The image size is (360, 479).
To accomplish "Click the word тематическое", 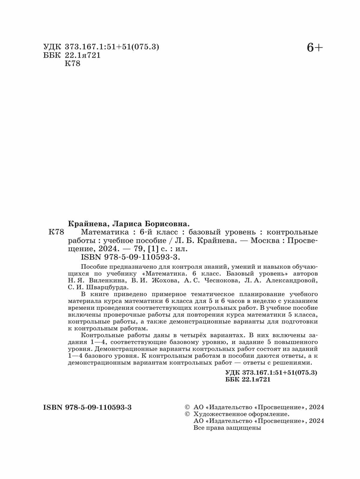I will (x=200, y=294).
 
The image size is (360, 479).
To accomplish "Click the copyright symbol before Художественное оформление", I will (x=187, y=414).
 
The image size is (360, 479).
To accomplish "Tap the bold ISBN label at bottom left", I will (x=52, y=407).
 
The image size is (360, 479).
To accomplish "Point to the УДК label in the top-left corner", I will (x=52, y=47).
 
